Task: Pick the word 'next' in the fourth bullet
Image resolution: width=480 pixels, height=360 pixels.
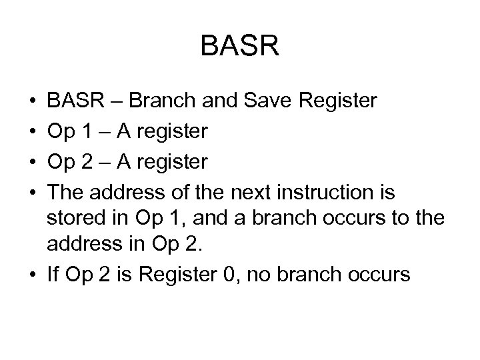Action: pyautogui.click(x=251, y=193)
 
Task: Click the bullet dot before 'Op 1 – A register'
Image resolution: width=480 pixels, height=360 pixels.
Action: pyautogui.click(x=33, y=133)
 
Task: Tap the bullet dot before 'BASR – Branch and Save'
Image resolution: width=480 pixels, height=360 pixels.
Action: pyautogui.click(x=33, y=103)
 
